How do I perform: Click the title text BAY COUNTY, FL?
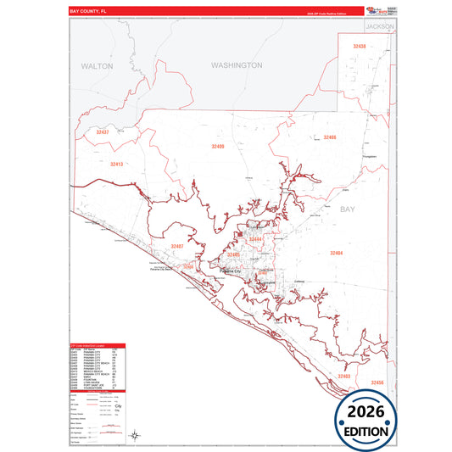pyautogui.click(x=87, y=12)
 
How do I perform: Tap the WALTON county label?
pyautogui.click(x=97, y=65)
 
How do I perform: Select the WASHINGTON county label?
pyautogui.click(x=237, y=65)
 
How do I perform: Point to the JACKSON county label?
pyautogui.click(x=381, y=27)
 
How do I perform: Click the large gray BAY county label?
pyautogui.click(x=349, y=209)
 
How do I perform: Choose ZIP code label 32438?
pyautogui.click(x=360, y=46)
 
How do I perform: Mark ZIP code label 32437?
pyautogui.click(x=103, y=133)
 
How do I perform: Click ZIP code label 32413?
pyautogui.click(x=116, y=164)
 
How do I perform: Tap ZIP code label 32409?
pyautogui.click(x=218, y=147)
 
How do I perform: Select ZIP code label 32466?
pyautogui.click(x=329, y=137)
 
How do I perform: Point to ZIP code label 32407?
pyautogui.click(x=176, y=246)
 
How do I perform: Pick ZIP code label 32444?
pyautogui.click(x=255, y=240)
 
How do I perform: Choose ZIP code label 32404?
pyautogui.click(x=337, y=253)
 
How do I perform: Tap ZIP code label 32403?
pyautogui.click(x=343, y=376)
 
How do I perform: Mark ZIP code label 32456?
pyautogui.click(x=377, y=383)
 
